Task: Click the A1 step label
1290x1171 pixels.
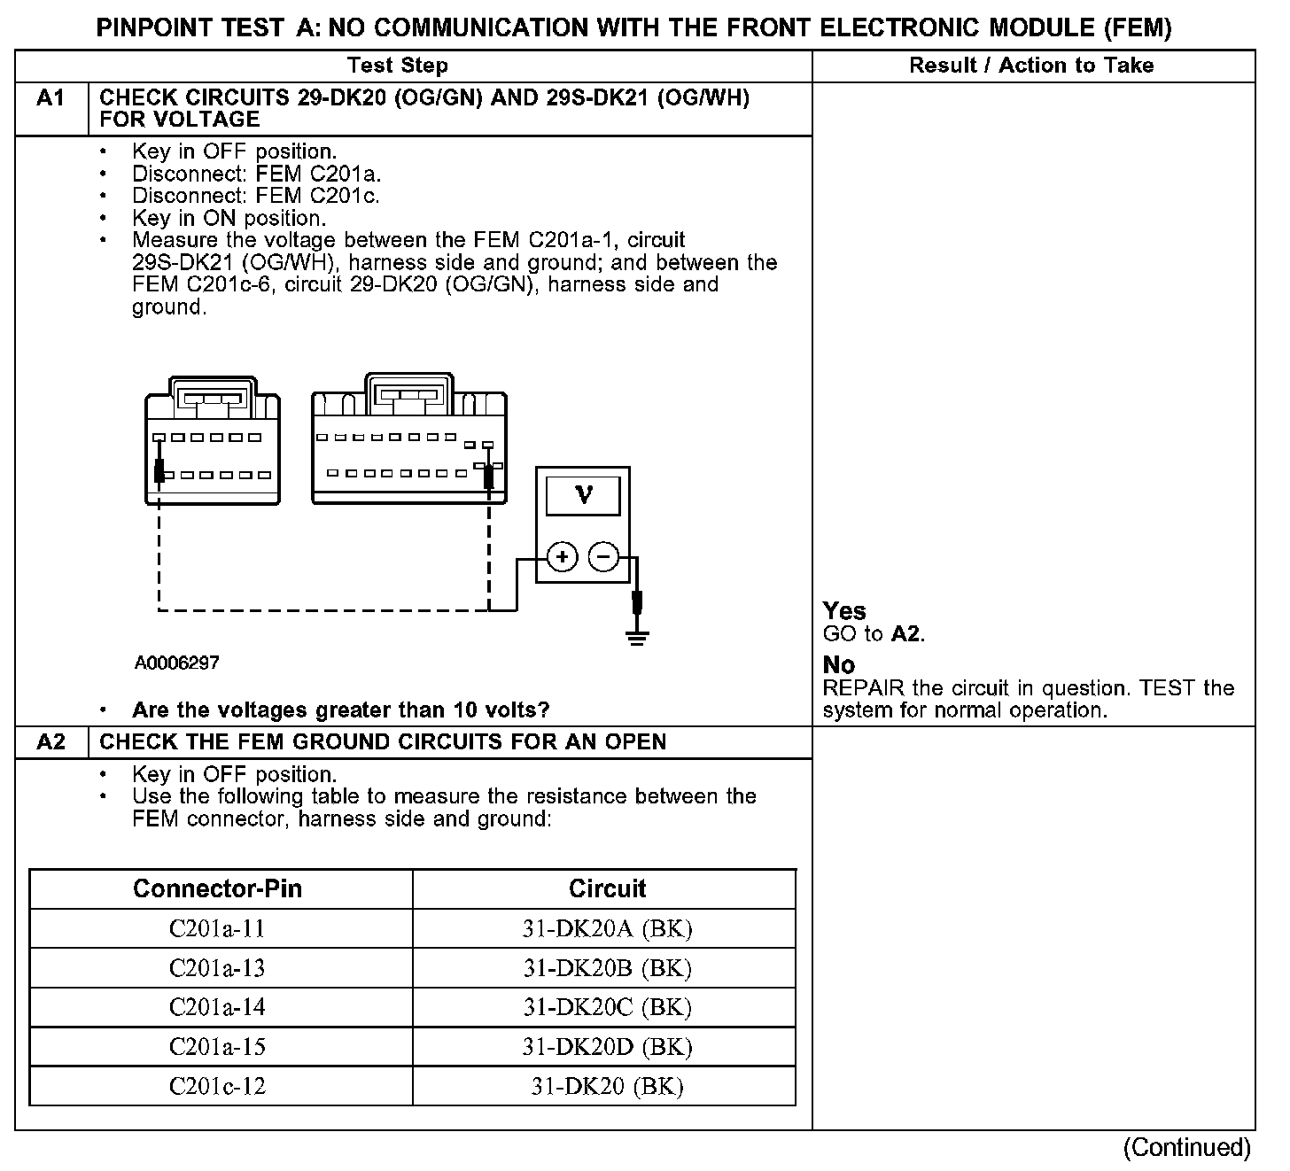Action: point(51,98)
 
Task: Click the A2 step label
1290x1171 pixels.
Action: point(51,741)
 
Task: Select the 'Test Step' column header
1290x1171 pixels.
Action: point(398,66)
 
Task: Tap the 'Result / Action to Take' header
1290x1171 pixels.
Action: point(1031,66)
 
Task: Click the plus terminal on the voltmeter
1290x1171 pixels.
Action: point(562,557)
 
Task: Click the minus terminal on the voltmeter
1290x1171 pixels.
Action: point(603,557)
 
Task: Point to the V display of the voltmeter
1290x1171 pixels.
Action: point(583,494)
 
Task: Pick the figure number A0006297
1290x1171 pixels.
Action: point(177,663)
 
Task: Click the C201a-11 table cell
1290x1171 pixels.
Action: point(217,928)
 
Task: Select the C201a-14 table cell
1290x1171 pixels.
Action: point(217,1007)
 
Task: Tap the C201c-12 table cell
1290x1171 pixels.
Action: point(217,1086)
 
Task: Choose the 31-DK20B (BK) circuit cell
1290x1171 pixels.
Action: point(607,968)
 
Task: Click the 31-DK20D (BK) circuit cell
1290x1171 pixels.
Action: point(607,1047)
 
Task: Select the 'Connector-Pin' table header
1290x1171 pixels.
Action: point(217,888)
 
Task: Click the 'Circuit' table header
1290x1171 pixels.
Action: point(607,888)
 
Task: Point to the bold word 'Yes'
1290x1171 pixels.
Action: point(844,611)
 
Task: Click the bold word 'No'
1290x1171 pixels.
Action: point(839,665)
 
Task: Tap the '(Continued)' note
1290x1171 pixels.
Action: point(1187,1148)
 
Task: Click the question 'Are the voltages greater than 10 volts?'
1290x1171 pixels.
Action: point(340,710)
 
